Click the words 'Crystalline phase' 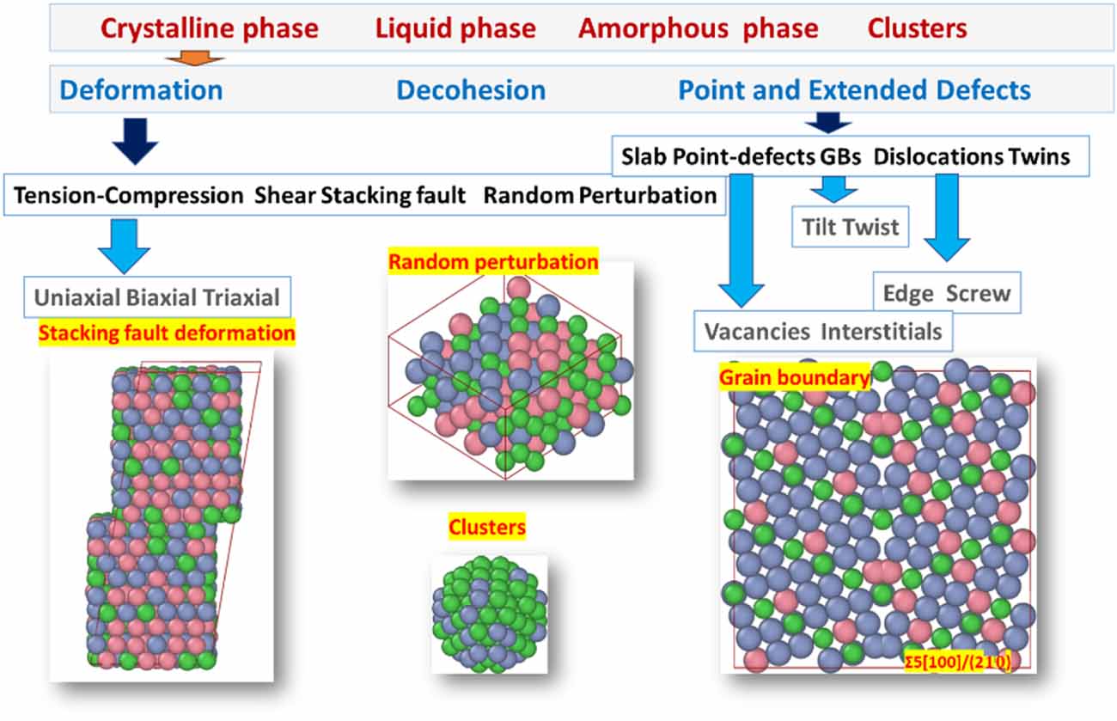(209, 28)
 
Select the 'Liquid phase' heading (455, 28)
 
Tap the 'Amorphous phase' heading (698, 28)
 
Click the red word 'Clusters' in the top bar (917, 28)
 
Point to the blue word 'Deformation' (142, 90)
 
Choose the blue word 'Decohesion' (470, 90)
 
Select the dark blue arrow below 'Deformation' (135, 138)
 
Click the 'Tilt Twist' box (849, 227)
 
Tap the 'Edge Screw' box (947, 294)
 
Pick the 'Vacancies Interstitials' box (823, 331)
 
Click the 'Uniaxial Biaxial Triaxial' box (157, 298)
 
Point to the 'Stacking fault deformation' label (168, 333)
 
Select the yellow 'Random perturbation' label (493, 261)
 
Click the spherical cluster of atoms (488, 613)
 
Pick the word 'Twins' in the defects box (1040, 156)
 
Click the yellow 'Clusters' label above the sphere (486, 527)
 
